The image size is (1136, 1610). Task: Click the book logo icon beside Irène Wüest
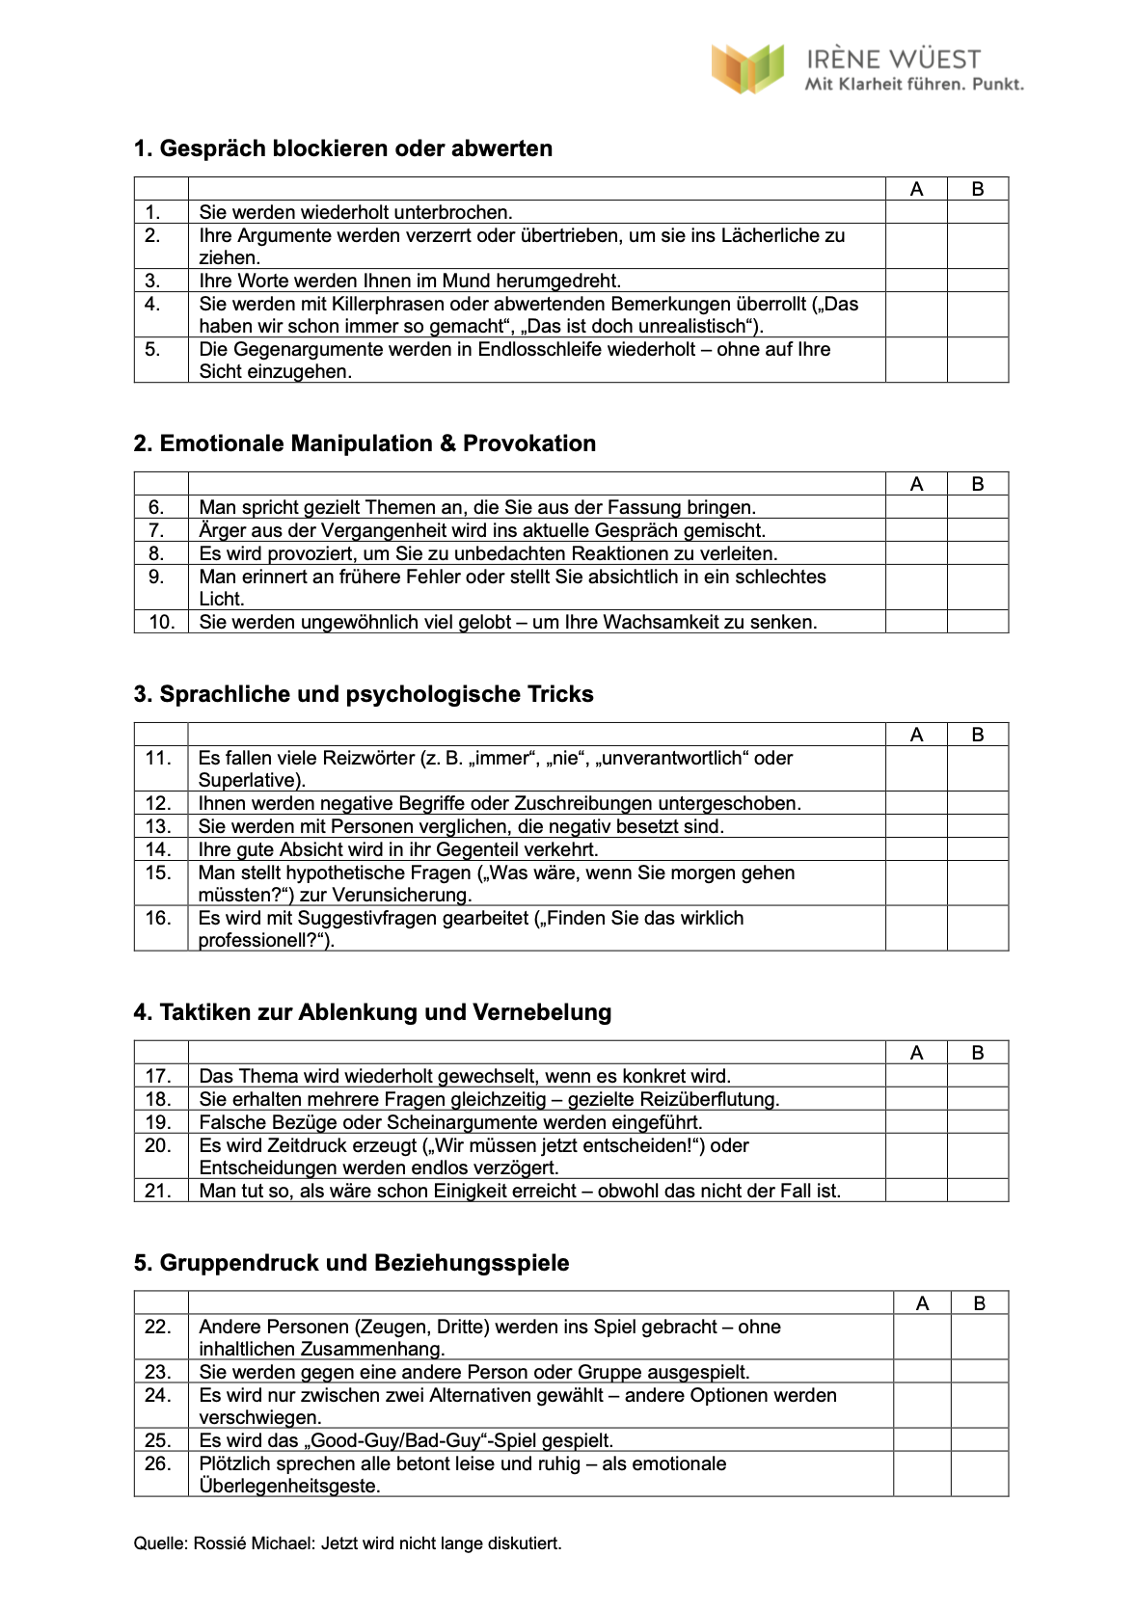click(x=746, y=68)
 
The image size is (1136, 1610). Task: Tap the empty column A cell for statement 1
click(x=916, y=212)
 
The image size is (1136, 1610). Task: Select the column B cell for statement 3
click(x=978, y=281)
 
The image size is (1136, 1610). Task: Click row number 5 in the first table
click(x=153, y=349)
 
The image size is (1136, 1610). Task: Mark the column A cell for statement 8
click(x=916, y=553)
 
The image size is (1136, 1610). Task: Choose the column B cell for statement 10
click(x=978, y=622)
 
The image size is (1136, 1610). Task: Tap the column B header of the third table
click(x=978, y=735)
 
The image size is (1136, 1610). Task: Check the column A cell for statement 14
click(x=916, y=849)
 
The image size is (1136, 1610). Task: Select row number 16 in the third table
click(x=158, y=918)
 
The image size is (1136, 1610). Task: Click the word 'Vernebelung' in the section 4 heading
click(x=542, y=1012)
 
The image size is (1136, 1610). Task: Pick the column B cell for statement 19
click(x=978, y=1122)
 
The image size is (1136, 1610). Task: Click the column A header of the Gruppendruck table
click(x=922, y=1303)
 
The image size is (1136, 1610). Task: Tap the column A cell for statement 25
click(x=922, y=1440)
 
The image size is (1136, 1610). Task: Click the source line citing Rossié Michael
click(x=347, y=1543)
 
